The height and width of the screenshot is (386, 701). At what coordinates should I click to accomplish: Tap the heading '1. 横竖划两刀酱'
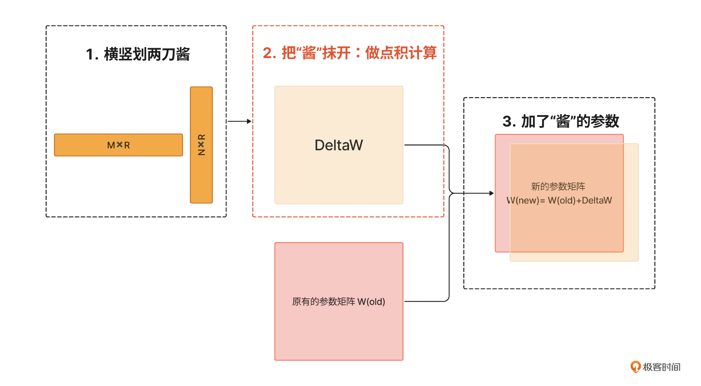click(x=138, y=54)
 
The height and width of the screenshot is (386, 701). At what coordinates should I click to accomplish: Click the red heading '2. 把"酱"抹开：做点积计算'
click(x=349, y=53)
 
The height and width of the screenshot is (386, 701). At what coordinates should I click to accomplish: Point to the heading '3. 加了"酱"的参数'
click(x=560, y=121)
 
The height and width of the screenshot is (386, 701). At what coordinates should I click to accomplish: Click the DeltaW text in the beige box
click(x=339, y=145)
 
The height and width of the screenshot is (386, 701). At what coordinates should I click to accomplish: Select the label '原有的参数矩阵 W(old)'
click(x=338, y=302)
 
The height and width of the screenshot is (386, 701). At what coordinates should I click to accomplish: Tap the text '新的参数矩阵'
click(x=558, y=187)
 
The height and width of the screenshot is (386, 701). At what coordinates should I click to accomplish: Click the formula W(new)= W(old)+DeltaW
click(x=559, y=200)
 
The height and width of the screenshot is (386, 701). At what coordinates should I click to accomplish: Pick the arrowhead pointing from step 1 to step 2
click(x=249, y=121)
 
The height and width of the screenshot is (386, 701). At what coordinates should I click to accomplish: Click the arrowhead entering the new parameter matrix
click(x=492, y=193)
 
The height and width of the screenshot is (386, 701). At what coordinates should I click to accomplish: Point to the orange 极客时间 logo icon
click(x=636, y=366)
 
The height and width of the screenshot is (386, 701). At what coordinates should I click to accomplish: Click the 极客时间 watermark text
click(x=662, y=367)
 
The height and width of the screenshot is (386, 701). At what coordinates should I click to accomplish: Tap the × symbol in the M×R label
click(x=119, y=145)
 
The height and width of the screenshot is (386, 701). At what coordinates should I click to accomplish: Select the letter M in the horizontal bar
click(x=111, y=145)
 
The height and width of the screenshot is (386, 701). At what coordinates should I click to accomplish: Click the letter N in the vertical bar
click(x=202, y=152)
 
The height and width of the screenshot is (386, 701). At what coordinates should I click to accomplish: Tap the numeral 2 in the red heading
click(x=267, y=53)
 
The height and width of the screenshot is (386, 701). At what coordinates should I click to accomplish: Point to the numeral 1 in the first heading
click(x=89, y=54)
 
